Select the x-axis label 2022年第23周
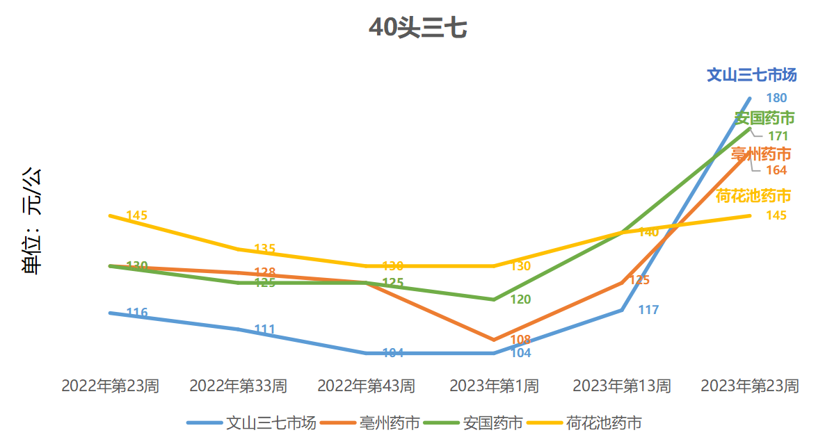click(x=110, y=386)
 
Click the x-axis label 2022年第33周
click(x=238, y=386)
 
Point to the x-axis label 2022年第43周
click(x=366, y=386)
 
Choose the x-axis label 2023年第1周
click(x=494, y=386)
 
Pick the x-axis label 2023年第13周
click(x=622, y=386)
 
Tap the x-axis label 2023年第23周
click(x=750, y=386)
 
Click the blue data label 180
click(x=776, y=98)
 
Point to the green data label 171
click(x=778, y=136)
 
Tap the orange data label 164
click(x=776, y=170)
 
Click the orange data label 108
click(x=520, y=340)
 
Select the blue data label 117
click(x=648, y=310)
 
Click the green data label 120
click(x=521, y=299)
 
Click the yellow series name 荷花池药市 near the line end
click(x=753, y=196)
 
